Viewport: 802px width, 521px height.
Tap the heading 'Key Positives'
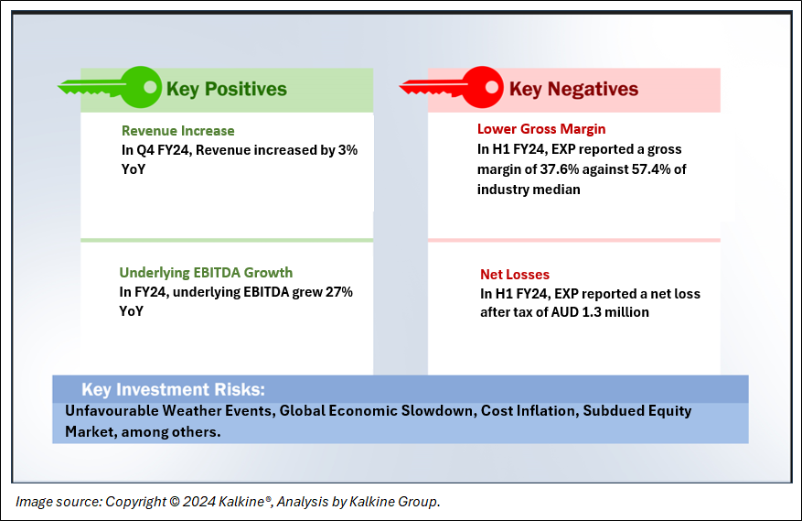point(227,89)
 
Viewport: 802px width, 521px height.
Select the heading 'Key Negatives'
point(573,89)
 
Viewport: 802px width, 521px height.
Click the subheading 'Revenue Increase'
point(178,131)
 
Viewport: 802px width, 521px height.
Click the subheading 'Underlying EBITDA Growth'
point(206,273)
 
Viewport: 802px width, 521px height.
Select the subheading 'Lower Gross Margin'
point(541,129)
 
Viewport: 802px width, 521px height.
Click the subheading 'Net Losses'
point(515,275)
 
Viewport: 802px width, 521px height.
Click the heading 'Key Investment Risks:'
point(174,389)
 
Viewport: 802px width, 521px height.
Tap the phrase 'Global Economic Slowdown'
point(376,411)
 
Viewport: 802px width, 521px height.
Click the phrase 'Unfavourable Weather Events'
point(168,411)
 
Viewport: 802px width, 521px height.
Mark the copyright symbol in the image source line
point(174,502)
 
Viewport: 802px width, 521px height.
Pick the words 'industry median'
point(529,190)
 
